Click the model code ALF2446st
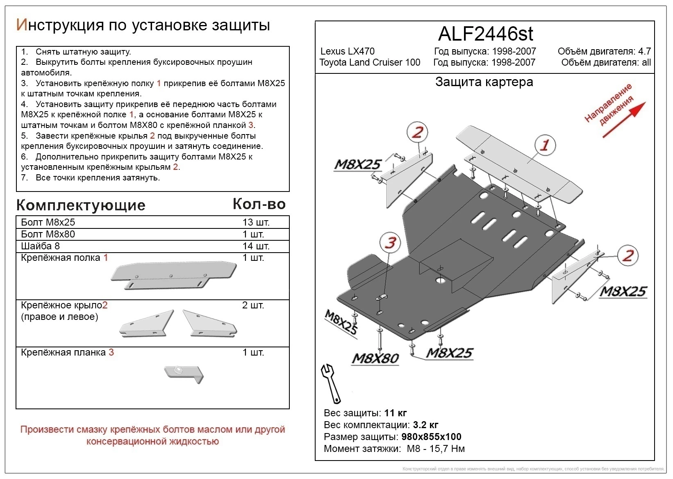pyautogui.click(x=485, y=34)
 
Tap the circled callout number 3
pyautogui.click(x=390, y=242)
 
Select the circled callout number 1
pyautogui.click(x=545, y=145)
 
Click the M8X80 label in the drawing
pyautogui.click(x=375, y=358)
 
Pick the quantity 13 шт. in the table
pyautogui.click(x=256, y=222)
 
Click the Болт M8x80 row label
pyautogui.click(x=48, y=234)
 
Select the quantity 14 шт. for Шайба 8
pyautogui.click(x=256, y=246)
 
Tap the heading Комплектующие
pyautogui.click(x=81, y=205)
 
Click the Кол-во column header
pyautogui.click(x=259, y=204)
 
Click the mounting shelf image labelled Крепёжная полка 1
pyautogui.click(x=173, y=275)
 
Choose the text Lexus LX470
pyautogui.click(x=347, y=51)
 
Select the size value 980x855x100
pyautogui.click(x=431, y=437)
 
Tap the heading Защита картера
pyautogui.click(x=484, y=82)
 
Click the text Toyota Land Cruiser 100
pyautogui.click(x=370, y=62)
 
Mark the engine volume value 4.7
pyautogui.click(x=644, y=51)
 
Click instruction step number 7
pyautogui.click(x=25, y=178)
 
